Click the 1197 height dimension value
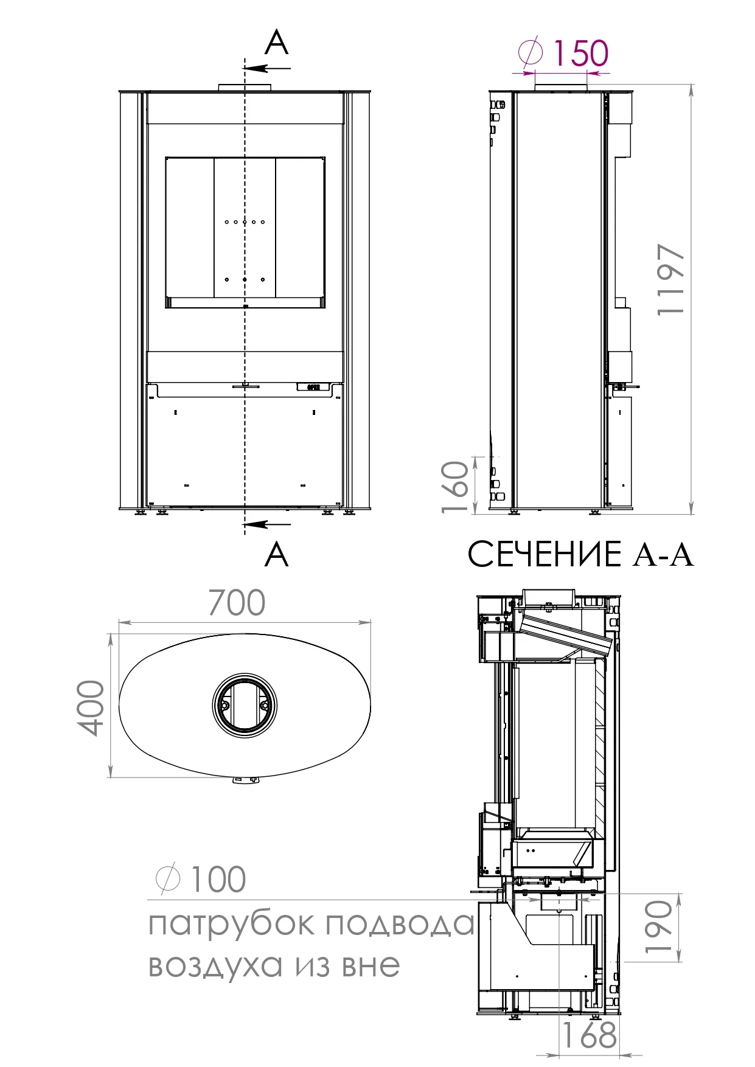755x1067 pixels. pos(672,279)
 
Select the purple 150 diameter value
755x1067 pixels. pos(580,53)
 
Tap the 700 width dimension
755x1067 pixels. pos(237,603)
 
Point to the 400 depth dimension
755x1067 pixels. pos(92,707)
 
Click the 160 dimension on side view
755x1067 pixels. pos(456,487)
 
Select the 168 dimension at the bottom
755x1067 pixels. pos(588,1035)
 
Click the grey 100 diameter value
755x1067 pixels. pos(218,879)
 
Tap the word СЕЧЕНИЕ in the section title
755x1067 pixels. pos(544,554)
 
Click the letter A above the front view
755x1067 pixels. pos(276,43)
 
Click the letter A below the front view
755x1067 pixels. pos(276,554)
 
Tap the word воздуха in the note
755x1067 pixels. pos(216,965)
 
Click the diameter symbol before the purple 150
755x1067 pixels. pos(531,52)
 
